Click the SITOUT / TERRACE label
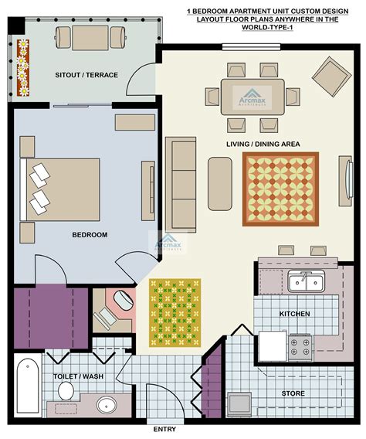[x=86, y=75]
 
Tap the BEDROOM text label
[x=90, y=235]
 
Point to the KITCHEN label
[x=295, y=314]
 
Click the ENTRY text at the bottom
[x=164, y=430]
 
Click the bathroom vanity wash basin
[x=106, y=404]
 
